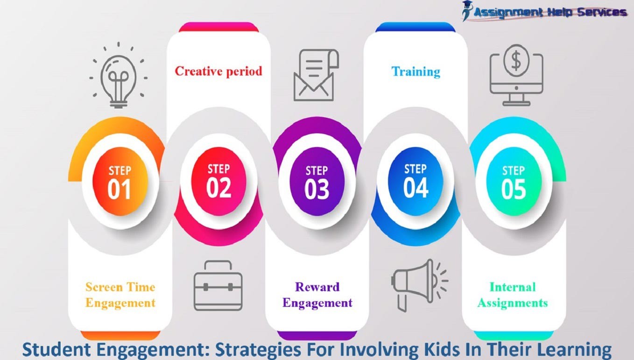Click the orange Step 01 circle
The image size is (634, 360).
click(x=120, y=181)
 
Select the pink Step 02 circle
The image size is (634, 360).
click(x=218, y=181)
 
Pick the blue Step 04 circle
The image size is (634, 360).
click(x=416, y=181)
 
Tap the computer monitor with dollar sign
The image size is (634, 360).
click(x=516, y=75)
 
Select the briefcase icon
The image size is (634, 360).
click(x=218, y=285)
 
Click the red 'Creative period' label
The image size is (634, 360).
click(x=218, y=71)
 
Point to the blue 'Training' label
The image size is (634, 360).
click(x=416, y=71)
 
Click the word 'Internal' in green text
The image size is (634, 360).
click(x=512, y=287)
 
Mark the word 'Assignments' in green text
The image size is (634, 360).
click(x=512, y=303)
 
